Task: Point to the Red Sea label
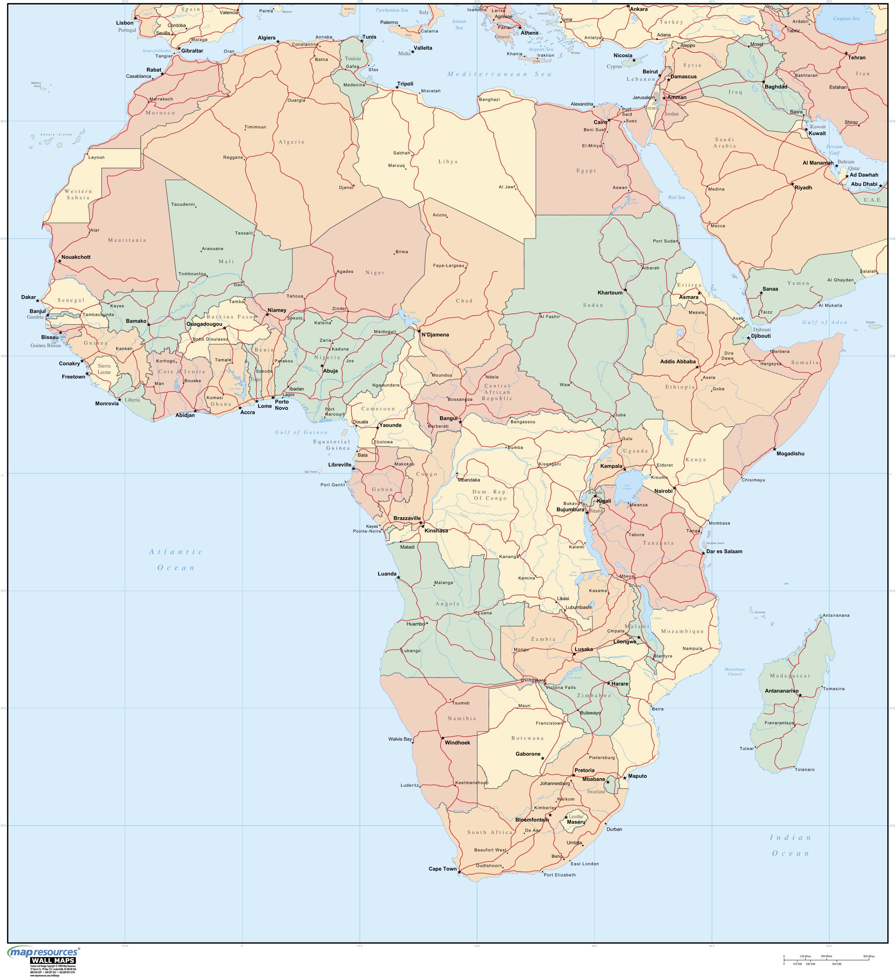676,197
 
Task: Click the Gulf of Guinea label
301,432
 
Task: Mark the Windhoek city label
457,743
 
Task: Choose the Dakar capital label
29,297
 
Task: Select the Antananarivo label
781,691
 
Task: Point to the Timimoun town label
255,127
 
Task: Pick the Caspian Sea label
846,18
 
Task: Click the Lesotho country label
575,817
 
